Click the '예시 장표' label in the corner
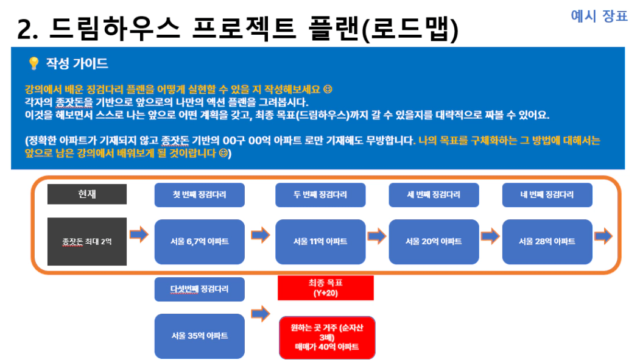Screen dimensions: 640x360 [599, 16]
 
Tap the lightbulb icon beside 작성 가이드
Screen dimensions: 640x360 [33, 63]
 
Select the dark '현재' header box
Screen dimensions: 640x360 [87, 194]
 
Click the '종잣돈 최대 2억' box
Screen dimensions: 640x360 [87, 242]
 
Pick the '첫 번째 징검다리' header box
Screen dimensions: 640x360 [200, 195]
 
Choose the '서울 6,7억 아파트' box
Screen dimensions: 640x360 [200, 242]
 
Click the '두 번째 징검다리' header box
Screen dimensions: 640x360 [320, 195]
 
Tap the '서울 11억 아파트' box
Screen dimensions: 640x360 [320, 242]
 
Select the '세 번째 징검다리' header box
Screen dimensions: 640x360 [434, 195]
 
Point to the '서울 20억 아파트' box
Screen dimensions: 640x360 [434, 242]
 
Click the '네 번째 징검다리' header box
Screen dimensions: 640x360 [547, 195]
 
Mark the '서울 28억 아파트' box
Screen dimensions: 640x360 [547, 242]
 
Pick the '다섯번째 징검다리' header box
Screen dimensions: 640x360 [200, 289]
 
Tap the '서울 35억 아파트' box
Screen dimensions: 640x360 [200, 336]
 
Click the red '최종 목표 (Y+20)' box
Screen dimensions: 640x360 [326, 288]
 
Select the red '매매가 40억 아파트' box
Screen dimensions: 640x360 [327, 337]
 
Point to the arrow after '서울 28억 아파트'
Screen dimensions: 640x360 [603, 236]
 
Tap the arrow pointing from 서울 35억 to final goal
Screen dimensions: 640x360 [261, 314]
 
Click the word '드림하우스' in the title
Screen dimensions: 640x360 [114, 29]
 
